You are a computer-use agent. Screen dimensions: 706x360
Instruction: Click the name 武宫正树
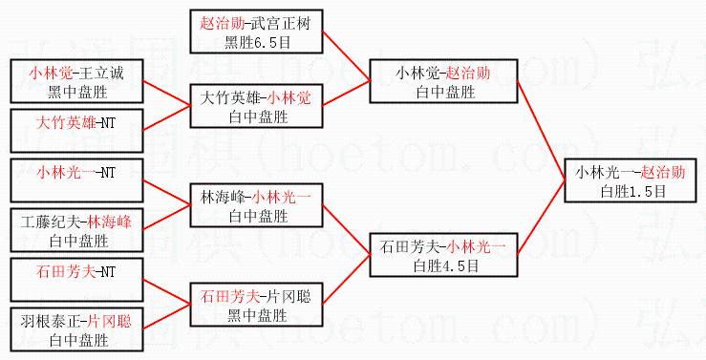(x=281, y=24)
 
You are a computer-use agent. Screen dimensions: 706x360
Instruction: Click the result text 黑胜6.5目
(x=258, y=43)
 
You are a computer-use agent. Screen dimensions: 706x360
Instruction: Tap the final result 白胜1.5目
(x=633, y=192)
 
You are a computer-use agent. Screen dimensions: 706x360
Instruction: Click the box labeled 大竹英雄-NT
(x=76, y=131)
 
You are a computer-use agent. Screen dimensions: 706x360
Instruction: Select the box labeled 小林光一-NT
(x=76, y=180)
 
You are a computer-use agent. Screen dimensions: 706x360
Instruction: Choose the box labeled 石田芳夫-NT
(x=76, y=280)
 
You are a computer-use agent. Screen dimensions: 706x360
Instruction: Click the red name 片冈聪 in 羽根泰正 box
(x=110, y=321)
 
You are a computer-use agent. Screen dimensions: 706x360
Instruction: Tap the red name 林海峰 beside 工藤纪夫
(x=110, y=222)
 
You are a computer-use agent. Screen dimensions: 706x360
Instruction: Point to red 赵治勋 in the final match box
(x=663, y=172)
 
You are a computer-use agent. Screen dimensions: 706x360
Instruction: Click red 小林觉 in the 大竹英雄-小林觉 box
(x=289, y=98)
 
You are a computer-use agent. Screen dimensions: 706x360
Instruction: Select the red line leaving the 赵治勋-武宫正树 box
(x=346, y=55)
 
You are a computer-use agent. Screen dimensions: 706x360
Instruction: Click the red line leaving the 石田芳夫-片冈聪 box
(x=346, y=279)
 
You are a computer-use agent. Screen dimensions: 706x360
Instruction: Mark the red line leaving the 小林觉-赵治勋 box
(x=542, y=131)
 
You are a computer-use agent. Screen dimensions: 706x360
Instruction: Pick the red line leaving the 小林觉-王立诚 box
(x=166, y=94)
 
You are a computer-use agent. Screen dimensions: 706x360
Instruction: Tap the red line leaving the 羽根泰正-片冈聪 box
(x=166, y=317)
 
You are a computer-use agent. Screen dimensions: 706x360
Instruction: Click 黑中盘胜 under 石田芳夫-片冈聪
(x=258, y=316)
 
